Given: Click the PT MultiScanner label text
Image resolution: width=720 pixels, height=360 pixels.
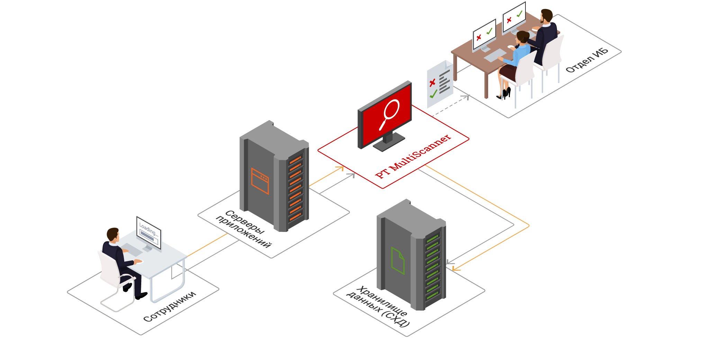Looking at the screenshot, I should (414, 157).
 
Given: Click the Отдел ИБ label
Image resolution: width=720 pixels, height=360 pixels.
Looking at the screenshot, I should (587, 60).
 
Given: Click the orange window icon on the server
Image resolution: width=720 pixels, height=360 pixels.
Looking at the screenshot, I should (260, 181).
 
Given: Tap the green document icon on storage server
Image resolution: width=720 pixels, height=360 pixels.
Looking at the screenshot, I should (398, 261).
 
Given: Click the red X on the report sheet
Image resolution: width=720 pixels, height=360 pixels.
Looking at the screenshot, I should (432, 83).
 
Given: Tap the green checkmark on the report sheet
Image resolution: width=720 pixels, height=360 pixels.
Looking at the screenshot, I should (433, 94).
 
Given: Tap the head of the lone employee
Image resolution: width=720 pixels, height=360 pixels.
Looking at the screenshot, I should (113, 234).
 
